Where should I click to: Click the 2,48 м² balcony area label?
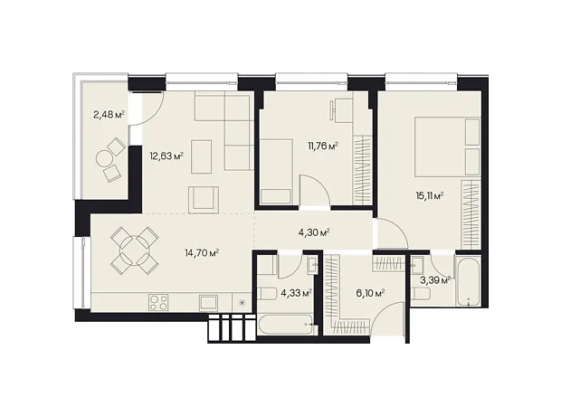click(x=109, y=115)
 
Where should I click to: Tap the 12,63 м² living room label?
click(x=167, y=156)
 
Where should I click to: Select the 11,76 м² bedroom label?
click(x=323, y=146)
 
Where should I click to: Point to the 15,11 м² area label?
click(x=430, y=195)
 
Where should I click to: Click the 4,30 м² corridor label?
click(x=314, y=232)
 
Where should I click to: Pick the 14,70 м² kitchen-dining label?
click(x=202, y=253)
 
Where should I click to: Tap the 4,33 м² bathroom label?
click(x=297, y=293)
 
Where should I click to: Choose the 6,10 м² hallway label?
click(x=369, y=293)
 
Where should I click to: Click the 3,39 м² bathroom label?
click(x=434, y=280)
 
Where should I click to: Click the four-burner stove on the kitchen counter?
click(x=158, y=303)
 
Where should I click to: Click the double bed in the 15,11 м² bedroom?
click(x=447, y=147)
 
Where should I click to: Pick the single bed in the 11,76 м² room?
click(x=276, y=172)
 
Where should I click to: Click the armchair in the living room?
click(x=204, y=199)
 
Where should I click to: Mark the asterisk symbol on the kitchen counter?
click(x=242, y=303)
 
